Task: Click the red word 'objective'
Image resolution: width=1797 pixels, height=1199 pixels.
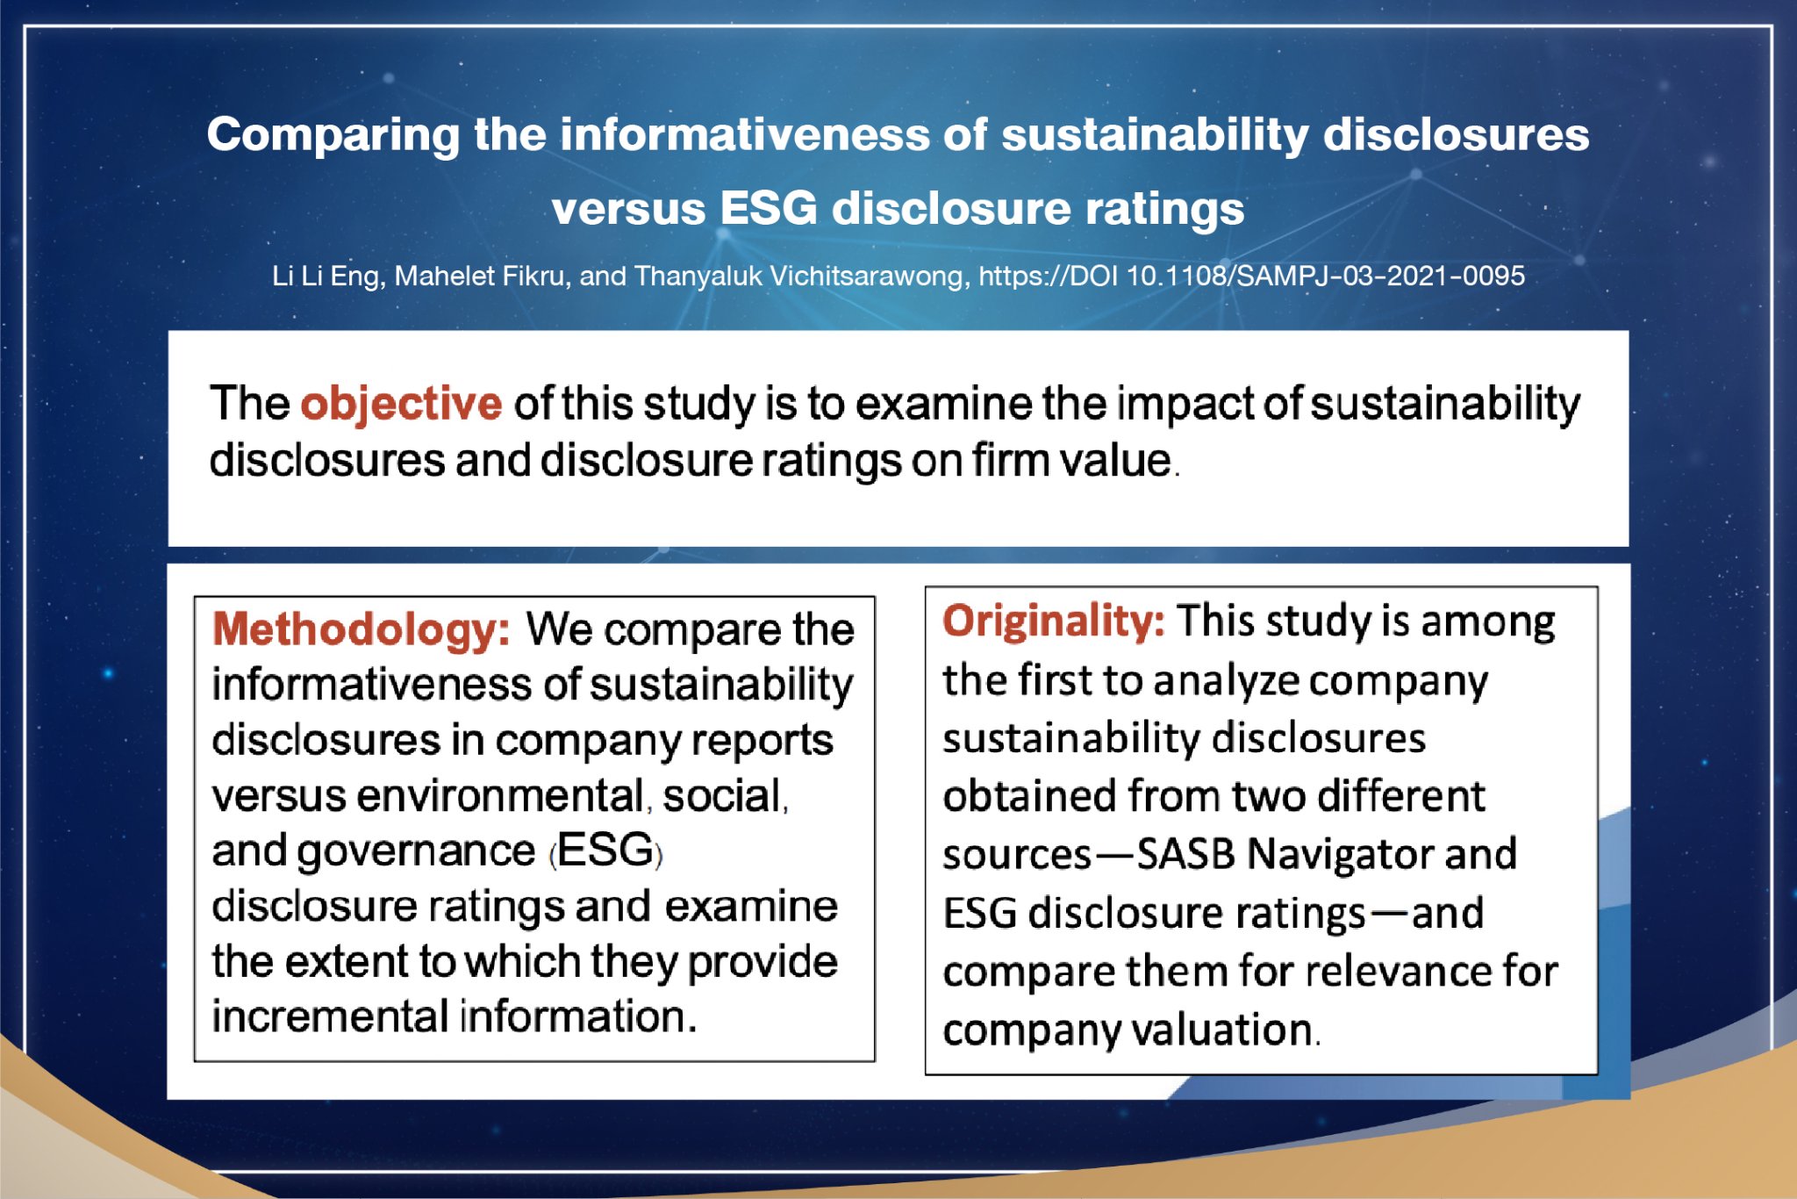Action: pyautogui.click(x=401, y=405)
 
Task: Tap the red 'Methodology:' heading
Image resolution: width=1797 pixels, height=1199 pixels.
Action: pyautogui.click(x=361, y=629)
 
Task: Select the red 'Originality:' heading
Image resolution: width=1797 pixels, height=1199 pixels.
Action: pyautogui.click(x=1054, y=621)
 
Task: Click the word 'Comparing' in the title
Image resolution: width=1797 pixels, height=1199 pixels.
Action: pyautogui.click(x=333, y=137)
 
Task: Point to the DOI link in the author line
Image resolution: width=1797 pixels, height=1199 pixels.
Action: pyautogui.click(x=1251, y=276)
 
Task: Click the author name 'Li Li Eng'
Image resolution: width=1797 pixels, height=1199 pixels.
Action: pyautogui.click(x=326, y=276)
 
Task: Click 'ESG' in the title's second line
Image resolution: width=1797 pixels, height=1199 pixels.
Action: pyautogui.click(x=769, y=209)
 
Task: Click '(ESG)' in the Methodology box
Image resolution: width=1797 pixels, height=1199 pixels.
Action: pyautogui.click(x=605, y=851)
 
